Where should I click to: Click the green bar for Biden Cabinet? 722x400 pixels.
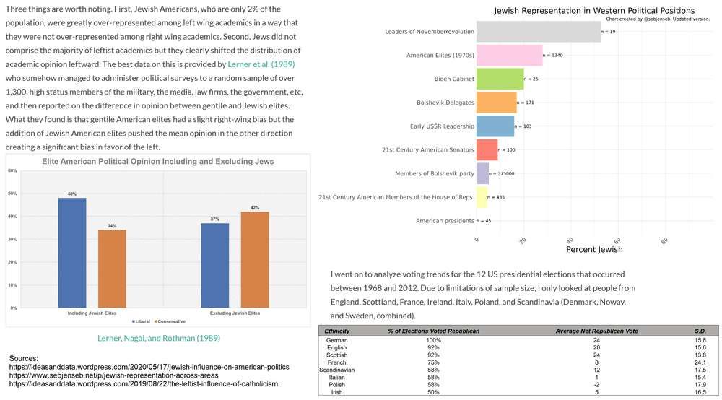point(500,79)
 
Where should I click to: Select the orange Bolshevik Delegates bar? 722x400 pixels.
point(497,103)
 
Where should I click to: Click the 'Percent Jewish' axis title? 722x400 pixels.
point(594,250)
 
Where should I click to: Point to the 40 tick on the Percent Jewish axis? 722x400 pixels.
point(570,240)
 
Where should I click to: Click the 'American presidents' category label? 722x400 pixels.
point(445,221)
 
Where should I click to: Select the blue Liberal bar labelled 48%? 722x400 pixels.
point(71,253)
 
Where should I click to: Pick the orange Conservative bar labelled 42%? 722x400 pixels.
point(255,260)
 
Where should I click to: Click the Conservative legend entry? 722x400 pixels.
point(170,321)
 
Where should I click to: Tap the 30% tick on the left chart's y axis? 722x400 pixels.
point(12,240)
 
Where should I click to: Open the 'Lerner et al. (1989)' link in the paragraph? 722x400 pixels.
point(261,64)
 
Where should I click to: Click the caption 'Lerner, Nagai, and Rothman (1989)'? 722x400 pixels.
point(159,338)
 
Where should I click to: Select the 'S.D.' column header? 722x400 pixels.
point(700,331)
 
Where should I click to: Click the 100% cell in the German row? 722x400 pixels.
point(433,340)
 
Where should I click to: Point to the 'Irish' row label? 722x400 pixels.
point(336,392)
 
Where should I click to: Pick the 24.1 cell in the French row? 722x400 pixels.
point(700,362)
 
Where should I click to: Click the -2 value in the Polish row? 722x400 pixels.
point(596,384)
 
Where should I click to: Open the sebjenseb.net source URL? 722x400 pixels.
point(113,375)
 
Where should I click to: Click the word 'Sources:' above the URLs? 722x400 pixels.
point(24,358)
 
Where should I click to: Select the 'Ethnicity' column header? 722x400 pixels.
point(336,331)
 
